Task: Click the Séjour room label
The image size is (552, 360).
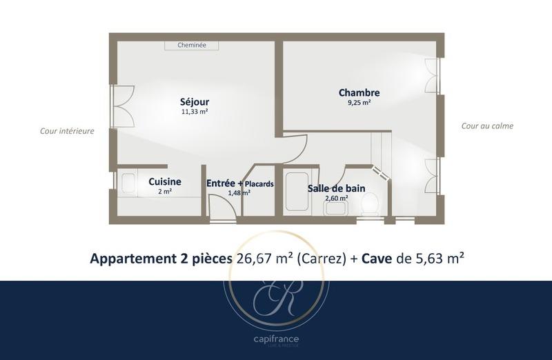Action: [x=195, y=101]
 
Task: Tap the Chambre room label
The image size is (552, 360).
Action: [x=359, y=92]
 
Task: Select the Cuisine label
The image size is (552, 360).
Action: [x=165, y=181]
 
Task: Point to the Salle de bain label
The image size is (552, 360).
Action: [x=337, y=188]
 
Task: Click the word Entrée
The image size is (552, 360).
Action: [x=221, y=183]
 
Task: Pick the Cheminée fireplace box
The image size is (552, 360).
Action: [x=192, y=45]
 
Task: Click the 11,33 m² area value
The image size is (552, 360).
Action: [x=195, y=112]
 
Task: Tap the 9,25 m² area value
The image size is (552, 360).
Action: [x=359, y=103]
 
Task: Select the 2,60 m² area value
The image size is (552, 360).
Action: [x=337, y=198]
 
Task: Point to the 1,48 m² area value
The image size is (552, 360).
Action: [x=239, y=193]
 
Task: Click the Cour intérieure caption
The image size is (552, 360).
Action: [x=67, y=130]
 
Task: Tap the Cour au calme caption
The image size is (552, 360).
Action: [x=487, y=126]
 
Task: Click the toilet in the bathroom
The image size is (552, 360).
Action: [x=370, y=203]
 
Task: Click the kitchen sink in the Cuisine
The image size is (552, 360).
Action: [x=129, y=183]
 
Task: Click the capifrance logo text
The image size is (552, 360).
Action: [x=275, y=339]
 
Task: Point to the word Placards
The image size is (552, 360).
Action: [x=259, y=184]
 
